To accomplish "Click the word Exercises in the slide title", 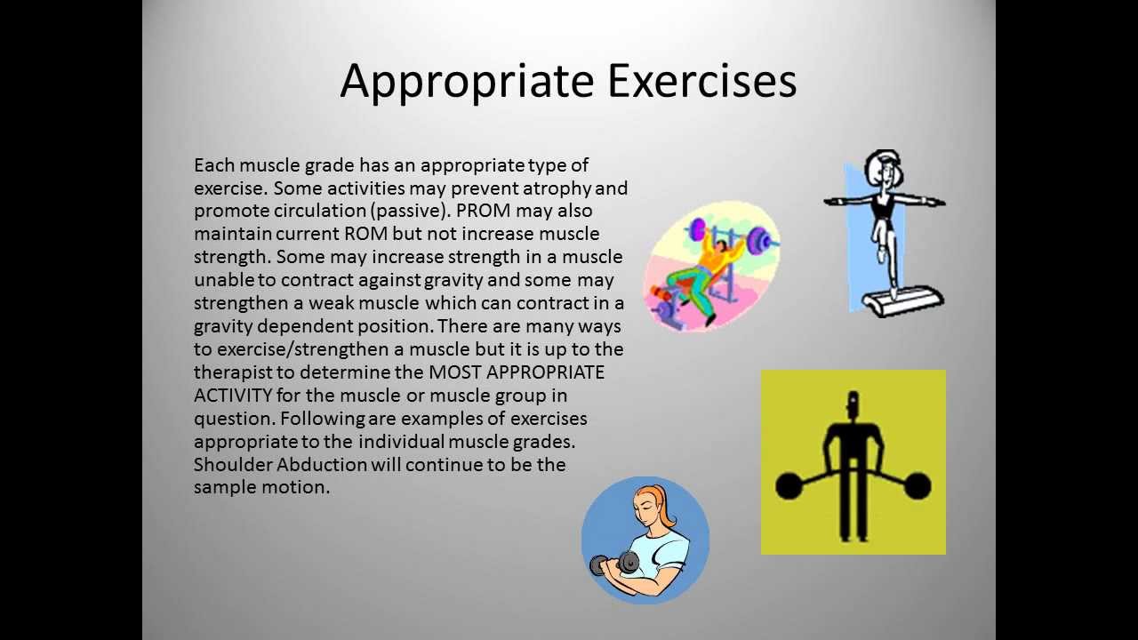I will tap(701, 81).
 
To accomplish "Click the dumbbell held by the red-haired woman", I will tap(614, 564).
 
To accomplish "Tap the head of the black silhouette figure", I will tap(853, 404).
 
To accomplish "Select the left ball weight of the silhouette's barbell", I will tap(788, 486).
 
